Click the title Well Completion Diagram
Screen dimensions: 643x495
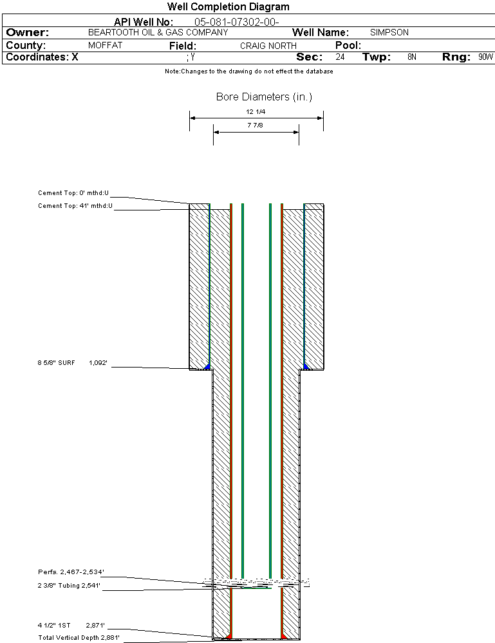228,7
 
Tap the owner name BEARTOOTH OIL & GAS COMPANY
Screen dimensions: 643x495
158,32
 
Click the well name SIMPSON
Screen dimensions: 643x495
389,32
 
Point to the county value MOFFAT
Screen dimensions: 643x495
105,46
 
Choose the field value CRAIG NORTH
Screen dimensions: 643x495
268,46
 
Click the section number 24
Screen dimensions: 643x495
340,57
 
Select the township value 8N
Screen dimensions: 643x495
412,57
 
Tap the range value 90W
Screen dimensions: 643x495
485,57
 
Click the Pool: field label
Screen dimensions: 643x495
348,46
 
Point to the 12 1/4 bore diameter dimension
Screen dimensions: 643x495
256,112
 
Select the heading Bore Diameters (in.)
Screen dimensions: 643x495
264,97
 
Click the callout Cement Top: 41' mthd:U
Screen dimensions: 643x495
75,206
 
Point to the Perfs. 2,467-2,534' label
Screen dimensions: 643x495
71,572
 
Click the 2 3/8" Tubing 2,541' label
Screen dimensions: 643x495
71,586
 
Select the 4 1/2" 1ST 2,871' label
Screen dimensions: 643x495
71,625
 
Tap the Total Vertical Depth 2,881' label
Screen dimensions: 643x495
79,638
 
